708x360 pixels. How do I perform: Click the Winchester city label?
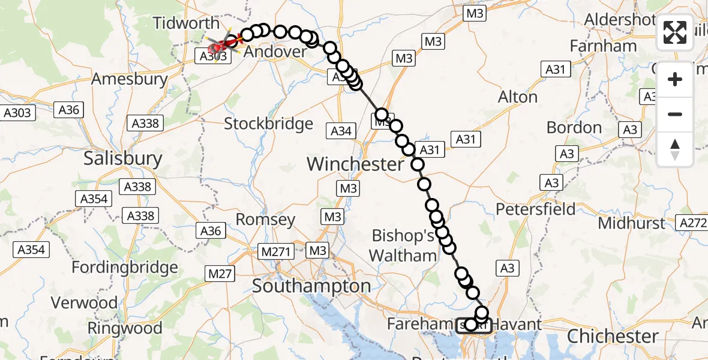pos(355,164)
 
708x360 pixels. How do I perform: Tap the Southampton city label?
pos(311,286)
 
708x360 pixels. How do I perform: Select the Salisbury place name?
pos(122,158)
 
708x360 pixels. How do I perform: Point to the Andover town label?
pos(275,52)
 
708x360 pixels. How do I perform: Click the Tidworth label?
pos(186,23)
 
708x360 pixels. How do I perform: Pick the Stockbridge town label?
pos(268,124)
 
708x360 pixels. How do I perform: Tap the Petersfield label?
pos(536,209)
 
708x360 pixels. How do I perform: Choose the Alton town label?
pos(518,97)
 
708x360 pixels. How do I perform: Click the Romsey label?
pos(265,220)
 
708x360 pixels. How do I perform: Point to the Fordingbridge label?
pos(125,268)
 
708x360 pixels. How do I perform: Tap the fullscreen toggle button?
pos(675,32)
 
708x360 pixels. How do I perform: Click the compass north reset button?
pos(675,149)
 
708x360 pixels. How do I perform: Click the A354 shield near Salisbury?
pos(94,199)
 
